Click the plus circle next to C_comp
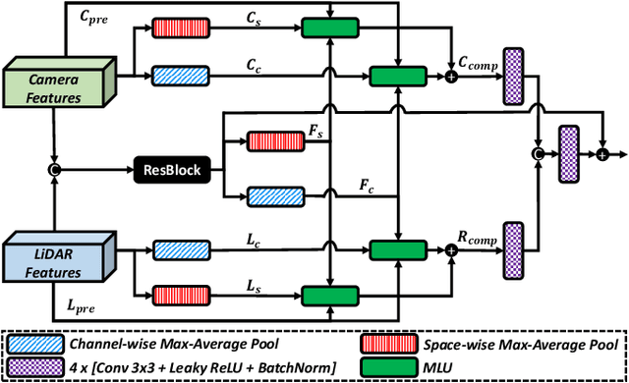coord(453,77)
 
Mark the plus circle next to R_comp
coord(453,250)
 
